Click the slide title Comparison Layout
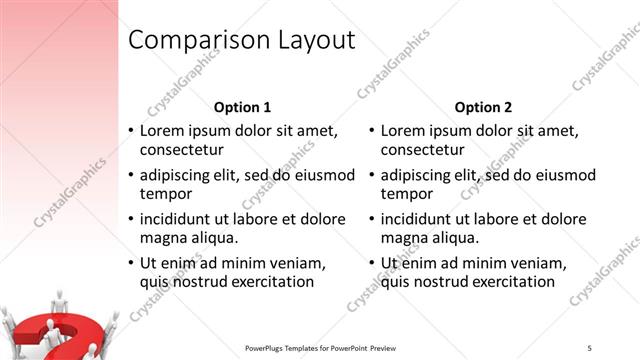coord(242,40)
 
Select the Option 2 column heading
coord(483,107)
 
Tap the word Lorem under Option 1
coord(162,130)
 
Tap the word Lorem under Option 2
coord(403,130)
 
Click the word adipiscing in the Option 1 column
coord(176,175)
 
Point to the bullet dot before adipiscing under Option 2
coord(371,176)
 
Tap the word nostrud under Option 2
coord(441,281)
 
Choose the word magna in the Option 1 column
coord(162,237)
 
